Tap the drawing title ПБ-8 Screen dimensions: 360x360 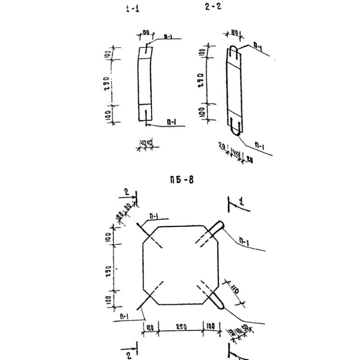pyautogui.click(x=182, y=181)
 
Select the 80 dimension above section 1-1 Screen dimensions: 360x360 pyautogui.click(x=146, y=32)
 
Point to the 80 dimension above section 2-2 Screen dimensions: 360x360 pyautogui.click(x=234, y=33)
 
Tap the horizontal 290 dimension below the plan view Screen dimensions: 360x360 pyautogui.click(x=181, y=327)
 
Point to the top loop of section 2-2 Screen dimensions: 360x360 pyautogui.click(x=234, y=50)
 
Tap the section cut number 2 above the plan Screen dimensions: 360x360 pyautogui.click(x=126, y=192)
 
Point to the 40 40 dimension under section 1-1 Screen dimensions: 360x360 pyautogui.click(x=146, y=144)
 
